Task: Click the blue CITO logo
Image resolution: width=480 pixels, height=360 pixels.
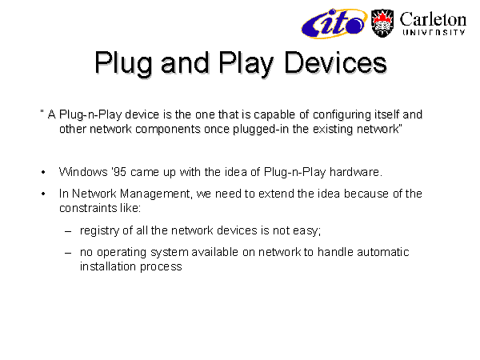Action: [x=334, y=23]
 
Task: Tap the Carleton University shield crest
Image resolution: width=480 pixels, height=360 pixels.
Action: [x=382, y=23]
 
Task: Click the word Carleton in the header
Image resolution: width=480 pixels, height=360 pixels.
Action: [x=433, y=19]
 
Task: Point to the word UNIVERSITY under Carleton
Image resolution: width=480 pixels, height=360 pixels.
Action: [x=434, y=32]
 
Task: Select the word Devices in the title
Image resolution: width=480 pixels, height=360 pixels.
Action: [x=335, y=62]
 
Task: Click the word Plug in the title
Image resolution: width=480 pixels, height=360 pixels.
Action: [x=123, y=64]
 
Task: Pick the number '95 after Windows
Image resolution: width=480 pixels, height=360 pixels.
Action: [x=118, y=172]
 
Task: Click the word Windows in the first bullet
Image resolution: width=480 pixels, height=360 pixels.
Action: [x=83, y=172]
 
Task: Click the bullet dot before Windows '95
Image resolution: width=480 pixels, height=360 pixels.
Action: [x=43, y=172]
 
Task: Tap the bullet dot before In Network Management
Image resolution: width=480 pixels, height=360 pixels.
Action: [x=43, y=194]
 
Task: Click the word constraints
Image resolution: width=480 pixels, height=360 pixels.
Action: [x=88, y=208]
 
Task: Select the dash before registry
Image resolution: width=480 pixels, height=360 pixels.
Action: [x=68, y=231]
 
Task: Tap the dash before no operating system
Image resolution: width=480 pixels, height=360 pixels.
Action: [x=68, y=253]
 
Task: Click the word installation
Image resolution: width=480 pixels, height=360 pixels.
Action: [x=108, y=266]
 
